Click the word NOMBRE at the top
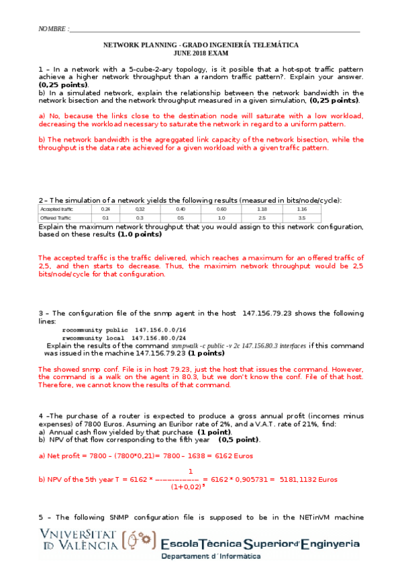53,30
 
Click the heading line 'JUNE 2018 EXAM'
201,52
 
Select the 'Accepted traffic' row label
56,209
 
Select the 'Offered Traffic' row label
56,218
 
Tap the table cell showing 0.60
221,209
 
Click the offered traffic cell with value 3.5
301,218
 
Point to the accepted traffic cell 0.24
105,209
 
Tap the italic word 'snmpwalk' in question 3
187,346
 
